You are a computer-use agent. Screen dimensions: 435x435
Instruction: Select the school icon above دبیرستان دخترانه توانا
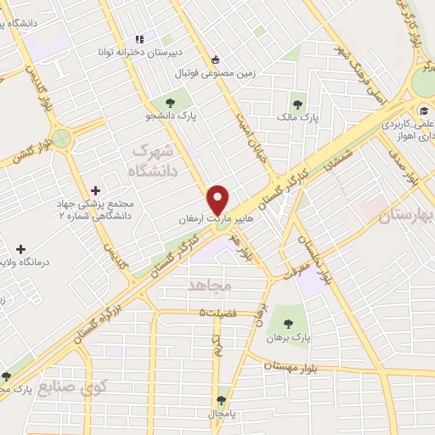[x=139, y=39]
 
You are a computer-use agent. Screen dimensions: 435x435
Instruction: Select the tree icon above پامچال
[x=223, y=398]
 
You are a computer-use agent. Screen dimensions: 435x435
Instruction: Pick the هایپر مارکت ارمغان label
[x=211, y=218]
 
